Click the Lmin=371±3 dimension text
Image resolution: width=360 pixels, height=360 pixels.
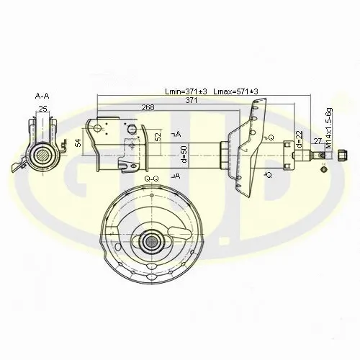[x=186, y=91]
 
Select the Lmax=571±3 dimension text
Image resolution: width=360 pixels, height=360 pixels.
[x=235, y=91]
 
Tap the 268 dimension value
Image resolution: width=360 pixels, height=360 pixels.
[x=148, y=107]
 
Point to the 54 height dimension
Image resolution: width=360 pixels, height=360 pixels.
[x=79, y=143]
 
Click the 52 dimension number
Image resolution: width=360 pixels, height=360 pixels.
[x=158, y=137]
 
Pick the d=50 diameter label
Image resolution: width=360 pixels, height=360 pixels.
[x=184, y=154]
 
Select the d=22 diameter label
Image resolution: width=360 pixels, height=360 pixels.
[x=299, y=139]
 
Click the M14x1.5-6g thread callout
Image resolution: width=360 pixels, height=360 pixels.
[x=329, y=128]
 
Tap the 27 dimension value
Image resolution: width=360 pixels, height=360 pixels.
[x=318, y=141]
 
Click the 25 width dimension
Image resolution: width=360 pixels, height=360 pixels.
[x=43, y=109]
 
